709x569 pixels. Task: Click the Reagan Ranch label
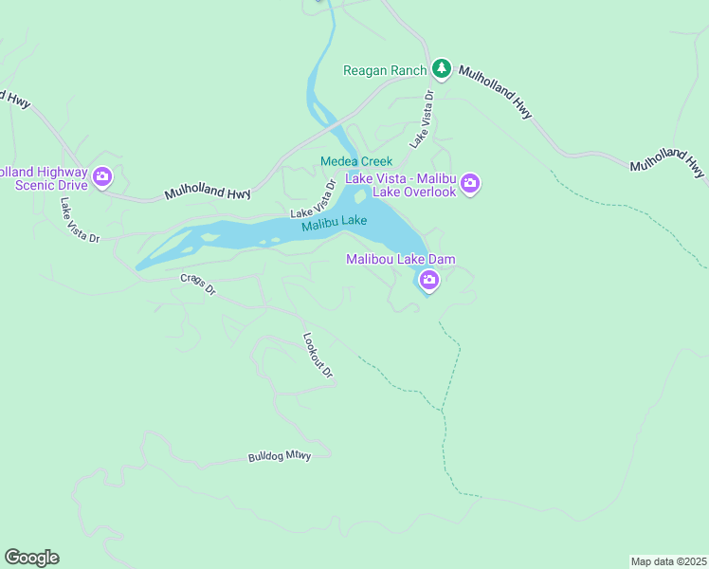385,70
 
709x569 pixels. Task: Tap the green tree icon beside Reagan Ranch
441,68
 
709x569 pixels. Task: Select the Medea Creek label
355,162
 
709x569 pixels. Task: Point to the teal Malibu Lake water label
334,223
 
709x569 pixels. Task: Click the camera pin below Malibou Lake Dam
428,279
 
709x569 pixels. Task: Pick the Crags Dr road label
198,284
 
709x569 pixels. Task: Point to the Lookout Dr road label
318,355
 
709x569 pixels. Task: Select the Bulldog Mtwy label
280,456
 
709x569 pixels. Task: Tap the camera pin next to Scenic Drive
102,176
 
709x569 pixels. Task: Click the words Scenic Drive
52,185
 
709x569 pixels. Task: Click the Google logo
31,558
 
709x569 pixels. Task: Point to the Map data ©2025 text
668,560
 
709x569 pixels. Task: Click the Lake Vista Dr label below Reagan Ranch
422,119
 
